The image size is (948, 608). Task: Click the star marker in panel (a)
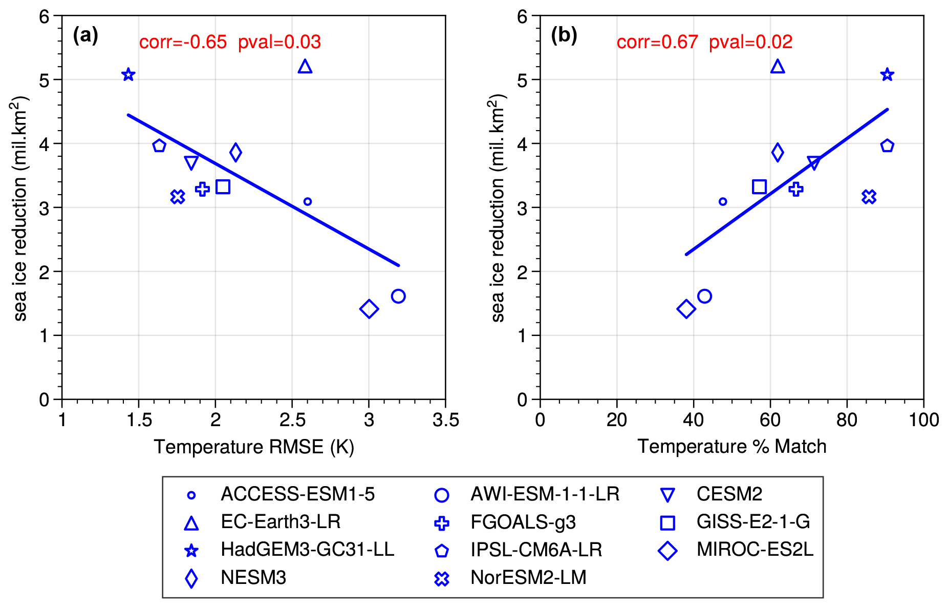pos(128,75)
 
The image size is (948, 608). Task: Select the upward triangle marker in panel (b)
pos(778,67)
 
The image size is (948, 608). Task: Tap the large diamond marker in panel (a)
pos(369,309)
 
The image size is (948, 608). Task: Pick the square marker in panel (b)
pos(759,187)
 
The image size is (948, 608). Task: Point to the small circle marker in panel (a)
pos(307,202)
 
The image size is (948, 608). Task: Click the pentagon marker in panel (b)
pos(887,146)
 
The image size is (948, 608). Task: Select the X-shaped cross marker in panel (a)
pos(178,197)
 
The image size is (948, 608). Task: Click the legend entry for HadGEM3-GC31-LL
pos(307,550)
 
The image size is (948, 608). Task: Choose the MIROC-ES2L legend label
pos(755,550)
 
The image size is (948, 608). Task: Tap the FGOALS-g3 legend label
pos(523,522)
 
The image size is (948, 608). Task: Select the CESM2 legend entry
pos(729,494)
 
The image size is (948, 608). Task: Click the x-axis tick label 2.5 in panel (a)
pos(292,421)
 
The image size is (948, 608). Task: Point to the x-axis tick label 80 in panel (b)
pos(847,421)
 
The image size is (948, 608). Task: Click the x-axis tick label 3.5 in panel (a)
pos(445,421)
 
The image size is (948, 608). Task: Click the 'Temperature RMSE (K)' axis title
pos(254,447)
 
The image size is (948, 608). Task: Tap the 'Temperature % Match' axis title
pos(731,447)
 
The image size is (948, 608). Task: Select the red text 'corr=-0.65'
pos(183,42)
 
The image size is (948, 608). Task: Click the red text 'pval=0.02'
pos(750,42)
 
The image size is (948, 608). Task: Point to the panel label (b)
pos(564,35)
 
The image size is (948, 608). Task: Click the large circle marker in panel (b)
pos(704,296)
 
